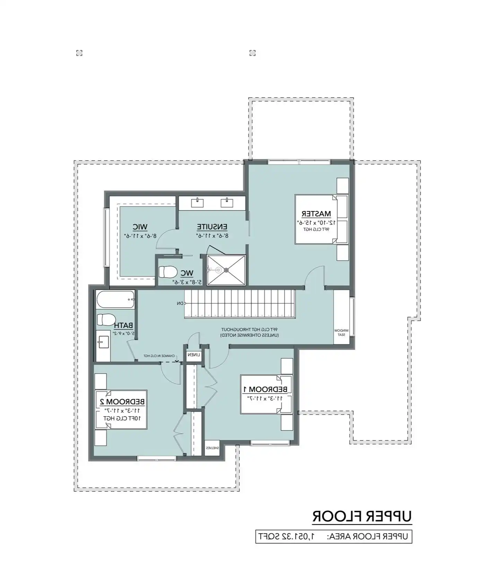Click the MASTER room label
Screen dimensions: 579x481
316,214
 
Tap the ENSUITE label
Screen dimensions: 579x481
212,227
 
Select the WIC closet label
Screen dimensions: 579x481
140,227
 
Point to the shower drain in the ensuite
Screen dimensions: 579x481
226,270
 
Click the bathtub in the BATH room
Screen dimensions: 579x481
115,299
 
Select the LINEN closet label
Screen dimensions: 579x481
194,355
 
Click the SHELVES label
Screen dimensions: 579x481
212,448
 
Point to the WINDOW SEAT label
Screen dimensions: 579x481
341,332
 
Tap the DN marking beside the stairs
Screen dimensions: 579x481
180,304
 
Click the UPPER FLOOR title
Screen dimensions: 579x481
362,516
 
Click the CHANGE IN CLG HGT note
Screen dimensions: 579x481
159,356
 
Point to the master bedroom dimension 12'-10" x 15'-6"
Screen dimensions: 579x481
316,222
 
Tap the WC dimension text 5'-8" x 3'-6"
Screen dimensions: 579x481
187,282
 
